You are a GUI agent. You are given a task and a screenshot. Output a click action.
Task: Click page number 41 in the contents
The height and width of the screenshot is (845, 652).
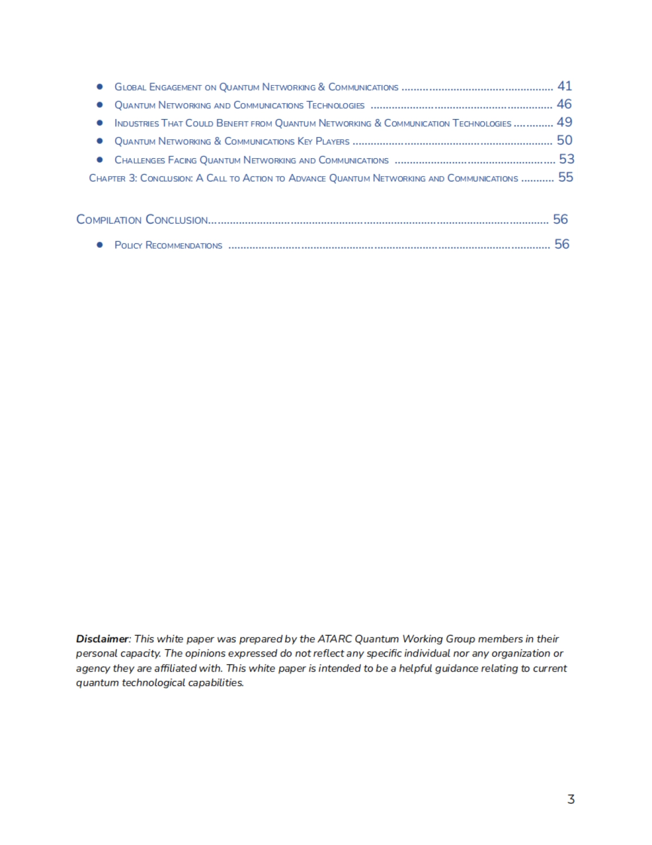point(565,86)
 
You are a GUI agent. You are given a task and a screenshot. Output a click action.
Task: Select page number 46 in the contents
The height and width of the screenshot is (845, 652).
point(564,104)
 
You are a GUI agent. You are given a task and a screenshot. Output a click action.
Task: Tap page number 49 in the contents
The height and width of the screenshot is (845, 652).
point(565,122)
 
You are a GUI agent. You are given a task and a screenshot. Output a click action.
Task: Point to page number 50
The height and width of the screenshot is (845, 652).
point(565,140)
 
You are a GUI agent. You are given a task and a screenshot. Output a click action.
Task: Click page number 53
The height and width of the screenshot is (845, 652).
point(567,159)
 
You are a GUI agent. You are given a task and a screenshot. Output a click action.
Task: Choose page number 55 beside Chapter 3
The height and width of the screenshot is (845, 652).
point(566,177)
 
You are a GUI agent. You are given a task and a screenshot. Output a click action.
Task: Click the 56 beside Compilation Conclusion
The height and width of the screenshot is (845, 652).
point(560,219)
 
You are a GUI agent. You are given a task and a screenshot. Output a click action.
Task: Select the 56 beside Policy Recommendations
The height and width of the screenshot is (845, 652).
point(562,244)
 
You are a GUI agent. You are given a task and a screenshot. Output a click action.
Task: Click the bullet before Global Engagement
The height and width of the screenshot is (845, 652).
point(99,86)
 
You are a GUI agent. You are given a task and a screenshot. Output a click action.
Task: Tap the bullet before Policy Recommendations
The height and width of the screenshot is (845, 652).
point(99,245)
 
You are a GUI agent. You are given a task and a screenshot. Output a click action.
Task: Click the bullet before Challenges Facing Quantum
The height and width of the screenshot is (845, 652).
point(99,160)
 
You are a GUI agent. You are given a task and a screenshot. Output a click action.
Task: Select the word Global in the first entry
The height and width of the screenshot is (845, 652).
point(130,87)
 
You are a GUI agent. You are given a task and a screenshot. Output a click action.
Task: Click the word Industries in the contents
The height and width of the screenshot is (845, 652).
point(136,123)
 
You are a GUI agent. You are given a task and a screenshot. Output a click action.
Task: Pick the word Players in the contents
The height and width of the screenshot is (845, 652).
point(333,142)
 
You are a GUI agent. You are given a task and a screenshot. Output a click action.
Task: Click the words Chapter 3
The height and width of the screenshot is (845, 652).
point(113,178)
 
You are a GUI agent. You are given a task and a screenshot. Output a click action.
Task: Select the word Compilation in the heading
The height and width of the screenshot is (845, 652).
point(109,220)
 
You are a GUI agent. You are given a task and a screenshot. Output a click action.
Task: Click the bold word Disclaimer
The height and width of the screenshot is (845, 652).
point(102,639)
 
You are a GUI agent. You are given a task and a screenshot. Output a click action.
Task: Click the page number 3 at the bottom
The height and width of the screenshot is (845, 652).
point(570,799)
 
